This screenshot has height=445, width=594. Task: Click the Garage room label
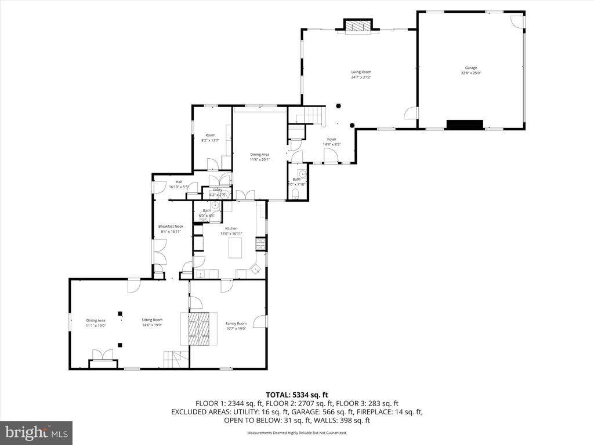[470, 68]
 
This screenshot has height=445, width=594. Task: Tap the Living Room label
[361, 72]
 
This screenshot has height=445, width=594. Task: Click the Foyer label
[331, 139]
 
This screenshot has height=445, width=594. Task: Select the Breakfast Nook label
[170, 226]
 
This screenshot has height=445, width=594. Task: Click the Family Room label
[236, 323]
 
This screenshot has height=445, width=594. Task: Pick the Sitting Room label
[153, 320]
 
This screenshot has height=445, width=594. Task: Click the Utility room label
[218, 189]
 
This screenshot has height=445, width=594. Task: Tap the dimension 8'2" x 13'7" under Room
[210, 140]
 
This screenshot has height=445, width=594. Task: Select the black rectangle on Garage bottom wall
[464, 125]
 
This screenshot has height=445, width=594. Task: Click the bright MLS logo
[36, 432]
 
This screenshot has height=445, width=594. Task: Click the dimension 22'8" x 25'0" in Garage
[470, 73]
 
